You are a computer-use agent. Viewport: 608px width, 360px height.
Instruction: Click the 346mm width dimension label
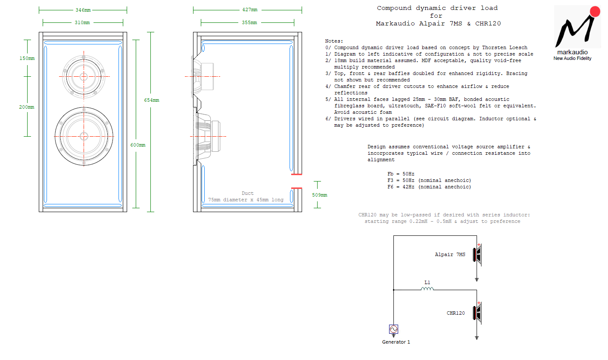[83, 10]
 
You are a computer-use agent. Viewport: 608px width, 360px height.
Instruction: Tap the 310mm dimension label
[82, 22]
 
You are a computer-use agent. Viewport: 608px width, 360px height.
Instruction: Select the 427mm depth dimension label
[250, 10]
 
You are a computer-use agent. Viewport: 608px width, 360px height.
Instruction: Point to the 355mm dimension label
[249, 22]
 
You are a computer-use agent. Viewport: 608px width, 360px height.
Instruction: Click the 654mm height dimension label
[151, 100]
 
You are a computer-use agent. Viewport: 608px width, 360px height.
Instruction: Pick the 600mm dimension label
[138, 145]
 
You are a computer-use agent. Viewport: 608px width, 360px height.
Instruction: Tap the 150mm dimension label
[27, 58]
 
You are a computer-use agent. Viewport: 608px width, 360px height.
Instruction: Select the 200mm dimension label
[27, 107]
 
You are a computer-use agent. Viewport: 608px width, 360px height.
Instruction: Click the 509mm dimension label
[320, 195]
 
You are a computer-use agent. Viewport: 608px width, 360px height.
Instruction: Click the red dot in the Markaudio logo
[595, 12]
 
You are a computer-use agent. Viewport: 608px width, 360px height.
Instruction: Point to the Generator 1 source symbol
[393, 329]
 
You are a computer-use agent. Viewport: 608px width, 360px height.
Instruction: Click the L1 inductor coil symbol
[427, 289]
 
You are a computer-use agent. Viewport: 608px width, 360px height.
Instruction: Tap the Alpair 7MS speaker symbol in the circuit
[477, 255]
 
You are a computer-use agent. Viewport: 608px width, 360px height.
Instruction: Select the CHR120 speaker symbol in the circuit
[477, 313]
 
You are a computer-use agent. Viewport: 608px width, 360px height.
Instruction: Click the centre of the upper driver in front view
[84, 77]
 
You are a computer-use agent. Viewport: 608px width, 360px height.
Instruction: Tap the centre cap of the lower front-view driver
[84, 136]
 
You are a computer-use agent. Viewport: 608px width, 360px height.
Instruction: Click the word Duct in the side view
[247, 193]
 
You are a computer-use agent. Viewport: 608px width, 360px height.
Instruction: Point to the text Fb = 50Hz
[401, 174]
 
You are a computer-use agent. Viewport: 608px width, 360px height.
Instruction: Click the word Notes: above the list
[334, 41]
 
